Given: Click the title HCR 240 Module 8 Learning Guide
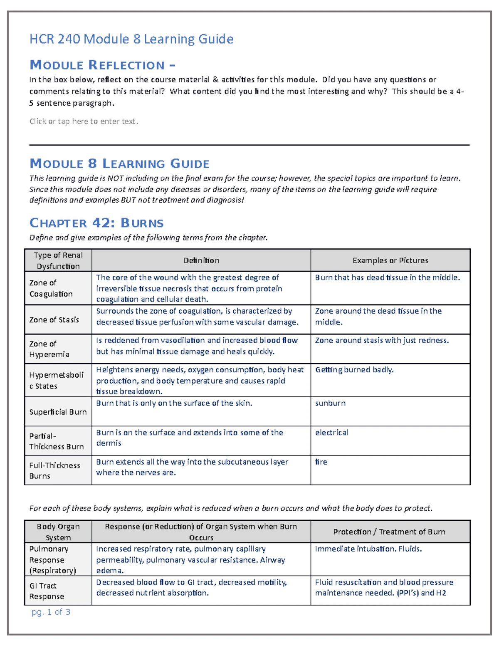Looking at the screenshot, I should [x=131, y=39].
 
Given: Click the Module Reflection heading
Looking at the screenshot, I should [x=102, y=65].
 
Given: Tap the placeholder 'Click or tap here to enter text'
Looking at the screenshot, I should [x=84, y=121].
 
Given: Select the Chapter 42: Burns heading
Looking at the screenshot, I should [x=96, y=223].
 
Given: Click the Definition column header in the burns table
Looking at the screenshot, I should [x=201, y=260].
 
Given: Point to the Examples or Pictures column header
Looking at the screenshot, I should [x=390, y=260].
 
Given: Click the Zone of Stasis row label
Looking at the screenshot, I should [x=54, y=320].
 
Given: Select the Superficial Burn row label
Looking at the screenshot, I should [x=58, y=412].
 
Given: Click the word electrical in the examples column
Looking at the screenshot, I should [x=331, y=433].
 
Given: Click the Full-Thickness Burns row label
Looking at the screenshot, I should [x=54, y=470].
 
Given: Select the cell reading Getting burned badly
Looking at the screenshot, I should [x=354, y=370].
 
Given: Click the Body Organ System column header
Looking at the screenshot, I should [x=58, y=532].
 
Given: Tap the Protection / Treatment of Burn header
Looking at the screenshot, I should [x=389, y=532].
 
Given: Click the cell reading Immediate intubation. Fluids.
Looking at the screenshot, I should [x=368, y=549].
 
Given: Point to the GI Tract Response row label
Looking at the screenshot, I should [x=47, y=591].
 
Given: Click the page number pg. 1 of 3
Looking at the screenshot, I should [x=51, y=612].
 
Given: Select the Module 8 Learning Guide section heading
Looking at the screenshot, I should [x=119, y=163].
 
